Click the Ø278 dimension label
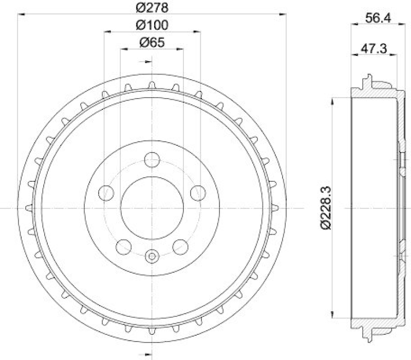tap(152, 8)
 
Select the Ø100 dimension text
tap(152, 25)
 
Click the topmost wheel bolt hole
tap(152, 160)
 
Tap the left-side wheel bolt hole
tap(106, 193)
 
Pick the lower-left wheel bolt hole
tap(124, 247)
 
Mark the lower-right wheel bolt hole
tap(180, 247)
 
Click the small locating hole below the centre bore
tap(152, 255)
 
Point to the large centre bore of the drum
tap(152, 207)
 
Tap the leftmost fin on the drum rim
tap(29, 207)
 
